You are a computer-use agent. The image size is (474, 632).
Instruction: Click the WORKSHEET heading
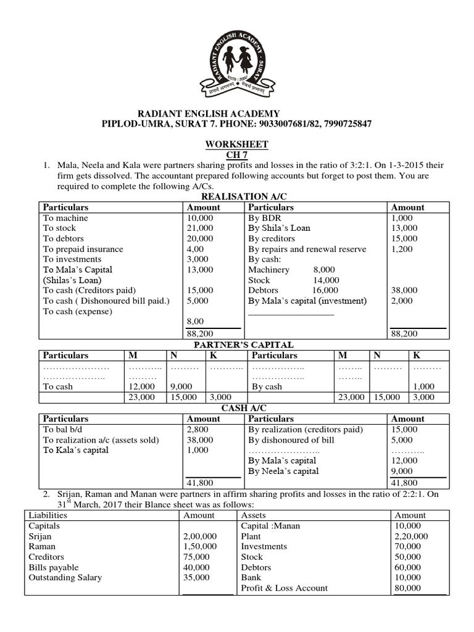(x=236, y=144)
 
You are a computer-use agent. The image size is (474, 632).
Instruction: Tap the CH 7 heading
(x=236, y=154)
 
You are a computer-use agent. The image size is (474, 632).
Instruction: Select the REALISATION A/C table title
(x=236, y=196)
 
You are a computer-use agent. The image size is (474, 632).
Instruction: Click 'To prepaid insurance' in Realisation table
(x=83, y=249)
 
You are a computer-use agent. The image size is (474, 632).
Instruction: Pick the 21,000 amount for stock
(x=199, y=228)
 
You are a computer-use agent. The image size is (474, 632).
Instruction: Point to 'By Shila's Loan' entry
(x=279, y=228)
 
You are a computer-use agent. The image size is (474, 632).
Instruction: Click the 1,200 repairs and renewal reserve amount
(x=402, y=249)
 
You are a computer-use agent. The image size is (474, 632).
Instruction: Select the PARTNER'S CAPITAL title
(x=244, y=344)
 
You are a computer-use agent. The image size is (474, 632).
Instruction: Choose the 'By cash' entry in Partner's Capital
(x=267, y=386)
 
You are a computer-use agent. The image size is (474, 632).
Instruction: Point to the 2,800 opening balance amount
(x=197, y=429)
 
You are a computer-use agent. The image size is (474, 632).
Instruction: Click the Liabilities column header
(x=48, y=515)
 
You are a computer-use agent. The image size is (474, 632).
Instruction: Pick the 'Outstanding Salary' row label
(x=65, y=578)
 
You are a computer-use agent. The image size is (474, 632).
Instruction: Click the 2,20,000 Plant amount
(x=410, y=536)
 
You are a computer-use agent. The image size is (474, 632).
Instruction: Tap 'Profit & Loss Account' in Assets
(x=284, y=588)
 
